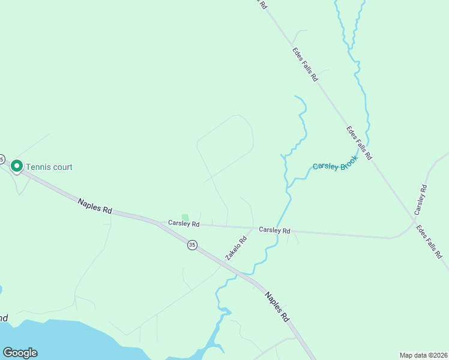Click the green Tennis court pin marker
tap(17, 166)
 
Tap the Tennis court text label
tap(50, 167)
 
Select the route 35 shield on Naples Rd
tap(191, 245)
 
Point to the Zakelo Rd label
tap(236, 248)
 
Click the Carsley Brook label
tap(335, 163)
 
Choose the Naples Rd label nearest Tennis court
tap(95, 207)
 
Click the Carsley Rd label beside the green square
tap(184, 223)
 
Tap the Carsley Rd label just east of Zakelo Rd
tap(274, 230)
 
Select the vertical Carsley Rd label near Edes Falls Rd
tap(420, 200)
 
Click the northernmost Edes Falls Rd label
tap(305, 63)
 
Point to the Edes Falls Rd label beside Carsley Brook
tap(359, 142)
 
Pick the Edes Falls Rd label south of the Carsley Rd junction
tap(430, 241)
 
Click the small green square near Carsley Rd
tap(185, 217)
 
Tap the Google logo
tap(20, 353)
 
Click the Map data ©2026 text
tap(423, 355)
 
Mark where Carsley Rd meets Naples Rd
tap(157, 223)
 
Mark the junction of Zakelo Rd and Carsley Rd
tap(253, 228)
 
